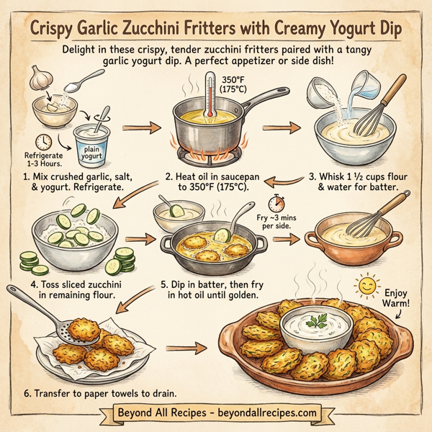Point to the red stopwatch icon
(x=274, y=201)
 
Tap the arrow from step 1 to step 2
(x=139, y=129)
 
